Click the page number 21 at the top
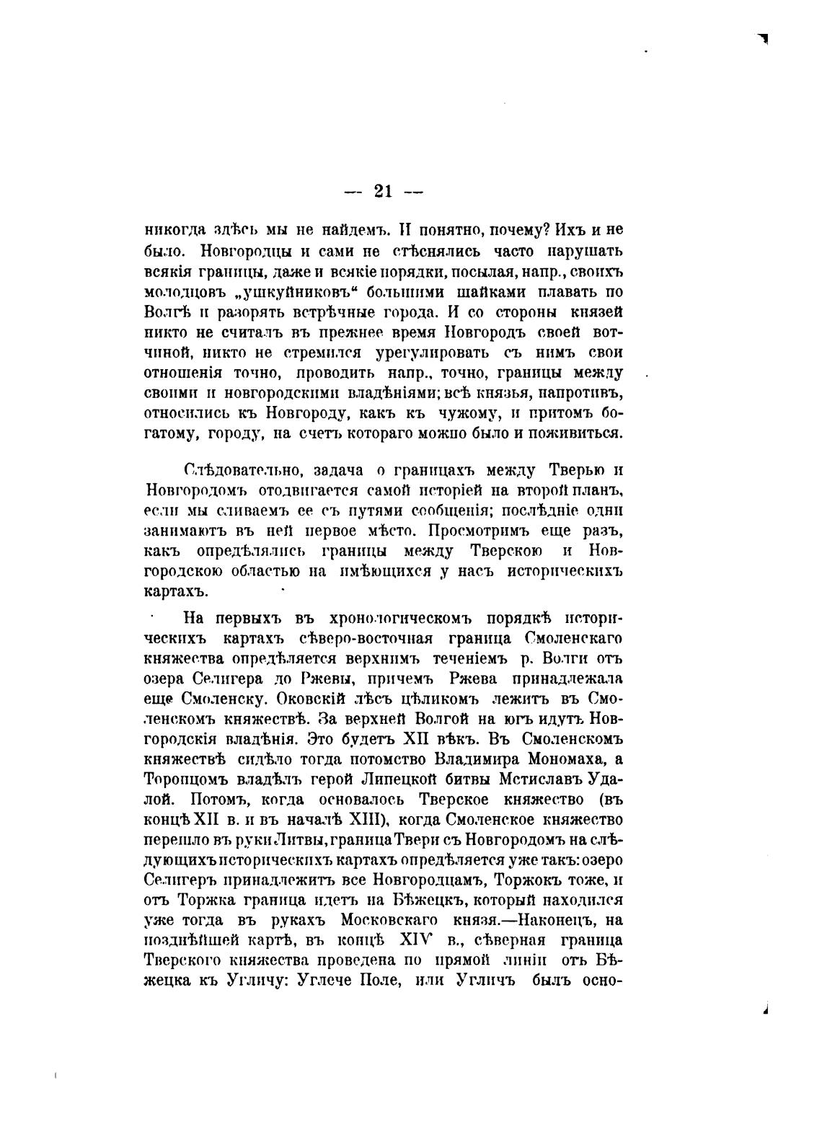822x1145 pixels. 383,191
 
